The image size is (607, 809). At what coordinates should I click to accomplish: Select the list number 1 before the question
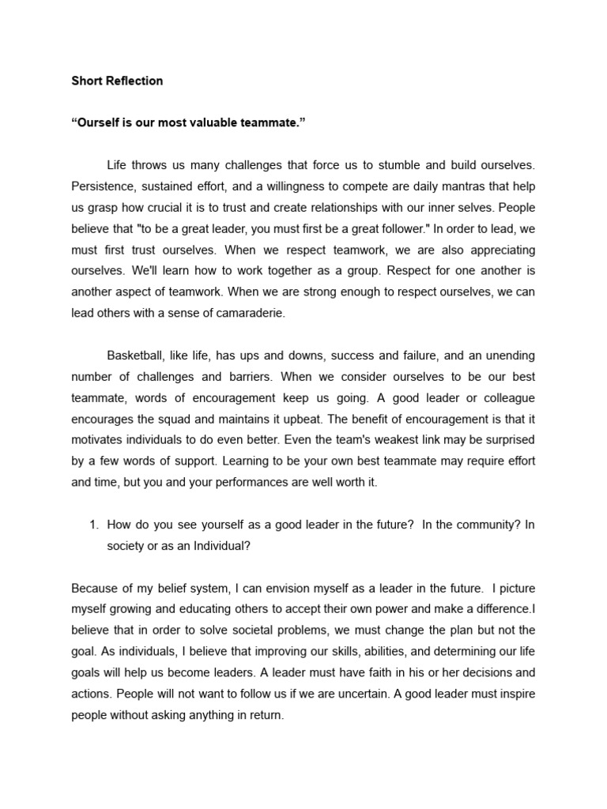pyautogui.click(x=92, y=524)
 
